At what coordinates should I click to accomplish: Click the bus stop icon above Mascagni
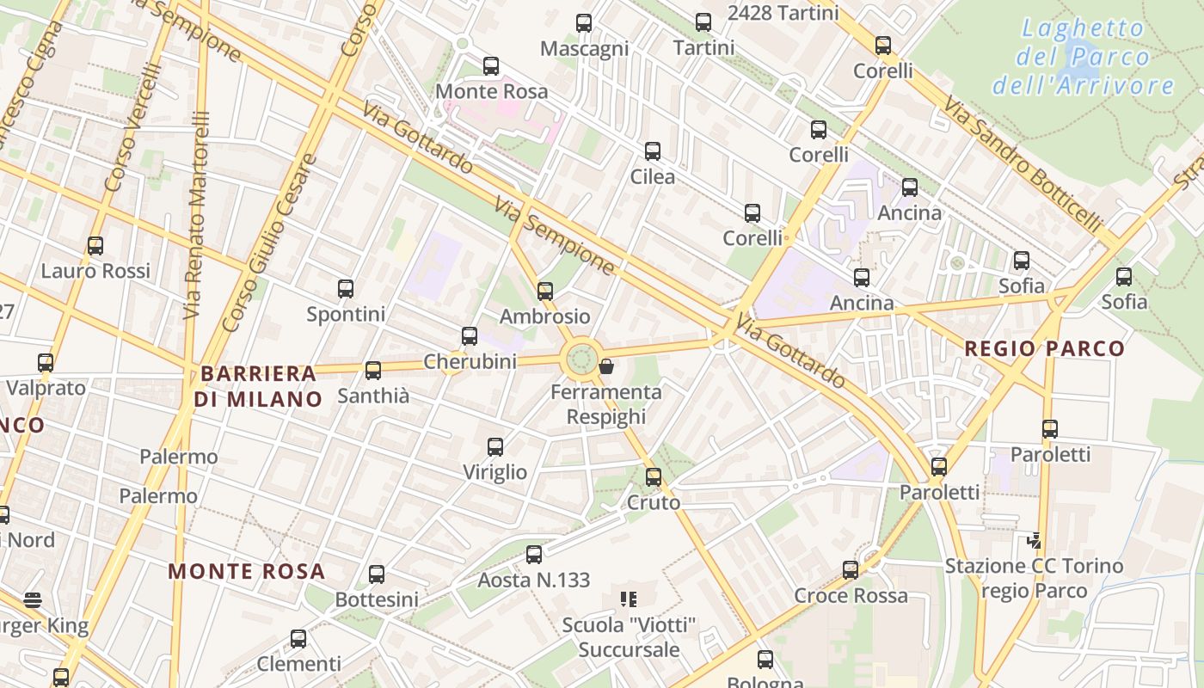pos(584,23)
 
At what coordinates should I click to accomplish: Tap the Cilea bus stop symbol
pos(653,151)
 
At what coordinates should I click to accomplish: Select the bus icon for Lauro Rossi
pos(95,246)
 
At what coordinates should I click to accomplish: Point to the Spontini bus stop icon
pos(346,289)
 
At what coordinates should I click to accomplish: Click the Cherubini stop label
pos(470,361)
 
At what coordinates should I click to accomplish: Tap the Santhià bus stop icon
pos(373,371)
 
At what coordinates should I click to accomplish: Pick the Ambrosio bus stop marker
pos(545,292)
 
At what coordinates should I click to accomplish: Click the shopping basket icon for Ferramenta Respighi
pos(606,367)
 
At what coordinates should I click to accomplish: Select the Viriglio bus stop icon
pos(495,447)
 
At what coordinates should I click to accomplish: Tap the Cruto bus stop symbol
pos(654,477)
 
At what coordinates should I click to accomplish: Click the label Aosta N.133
pos(534,580)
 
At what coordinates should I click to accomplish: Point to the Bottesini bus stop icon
pos(377,574)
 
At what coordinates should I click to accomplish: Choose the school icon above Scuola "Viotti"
pos(629,599)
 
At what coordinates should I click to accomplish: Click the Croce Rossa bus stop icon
pos(851,570)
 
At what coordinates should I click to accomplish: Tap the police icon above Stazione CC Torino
pos(1035,541)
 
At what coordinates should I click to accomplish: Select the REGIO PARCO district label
pos(1044,348)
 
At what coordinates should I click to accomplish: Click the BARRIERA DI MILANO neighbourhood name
pos(258,386)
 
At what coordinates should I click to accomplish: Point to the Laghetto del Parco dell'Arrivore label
pos(1083,57)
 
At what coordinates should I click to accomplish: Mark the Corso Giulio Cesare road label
pos(270,243)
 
